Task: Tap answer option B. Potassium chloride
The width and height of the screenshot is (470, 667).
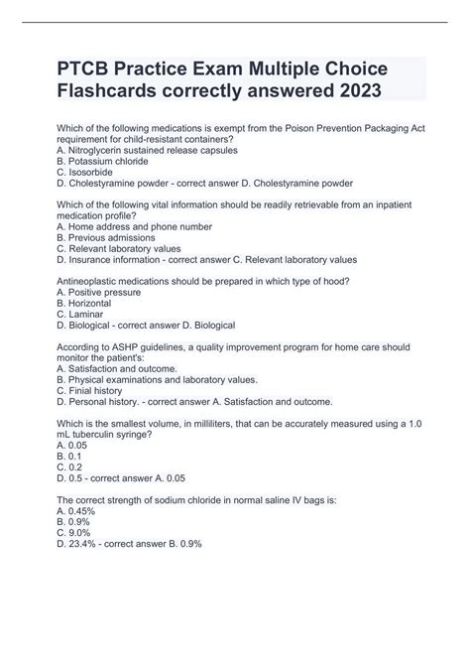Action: (x=103, y=161)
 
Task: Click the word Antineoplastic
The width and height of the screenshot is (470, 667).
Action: (x=95, y=281)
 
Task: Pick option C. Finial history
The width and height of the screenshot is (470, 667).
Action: (x=93, y=390)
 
